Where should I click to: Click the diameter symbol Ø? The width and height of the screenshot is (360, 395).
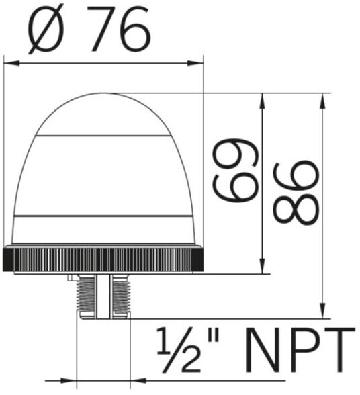click(46, 31)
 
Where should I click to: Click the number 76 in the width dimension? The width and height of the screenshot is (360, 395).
click(119, 30)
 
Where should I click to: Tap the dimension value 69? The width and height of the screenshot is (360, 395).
click(236, 171)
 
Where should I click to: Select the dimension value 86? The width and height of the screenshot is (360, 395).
click(296, 193)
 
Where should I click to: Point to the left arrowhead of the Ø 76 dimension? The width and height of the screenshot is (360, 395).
click(12, 63)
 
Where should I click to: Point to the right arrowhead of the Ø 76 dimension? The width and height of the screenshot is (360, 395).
click(195, 63)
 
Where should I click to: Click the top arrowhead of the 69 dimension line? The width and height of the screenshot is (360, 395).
click(263, 101)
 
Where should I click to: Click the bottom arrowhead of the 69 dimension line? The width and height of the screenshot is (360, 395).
click(263, 265)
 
